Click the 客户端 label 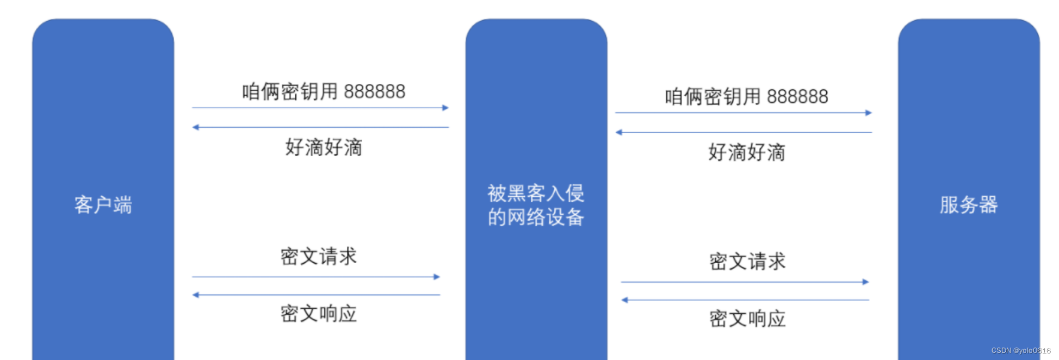[x=103, y=205]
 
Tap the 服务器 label [x=968, y=205]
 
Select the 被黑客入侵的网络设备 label [x=536, y=205]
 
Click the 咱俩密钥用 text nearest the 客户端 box [x=290, y=91]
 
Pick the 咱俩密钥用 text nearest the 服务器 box [x=713, y=97]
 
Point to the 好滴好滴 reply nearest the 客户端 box [x=324, y=147]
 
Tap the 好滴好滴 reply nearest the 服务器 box [x=747, y=153]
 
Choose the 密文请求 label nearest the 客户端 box [x=319, y=257]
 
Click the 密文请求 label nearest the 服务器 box [x=747, y=262]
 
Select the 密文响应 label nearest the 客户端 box [x=319, y=314]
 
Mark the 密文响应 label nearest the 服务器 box [x=747, y=319]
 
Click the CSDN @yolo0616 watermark [x=1020, y=351]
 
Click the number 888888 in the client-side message [x=374, y=91]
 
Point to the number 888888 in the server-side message [x=797, y=97]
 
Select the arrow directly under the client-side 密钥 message [x=320, y=108]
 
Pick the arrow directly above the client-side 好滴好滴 [x=320, y=127]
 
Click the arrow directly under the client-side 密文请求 [x=315, y=277]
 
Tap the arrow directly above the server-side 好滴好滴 [x=744, y=132]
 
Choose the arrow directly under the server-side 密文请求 [x=745, y=282]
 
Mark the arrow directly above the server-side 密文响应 [x=745, y=300]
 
